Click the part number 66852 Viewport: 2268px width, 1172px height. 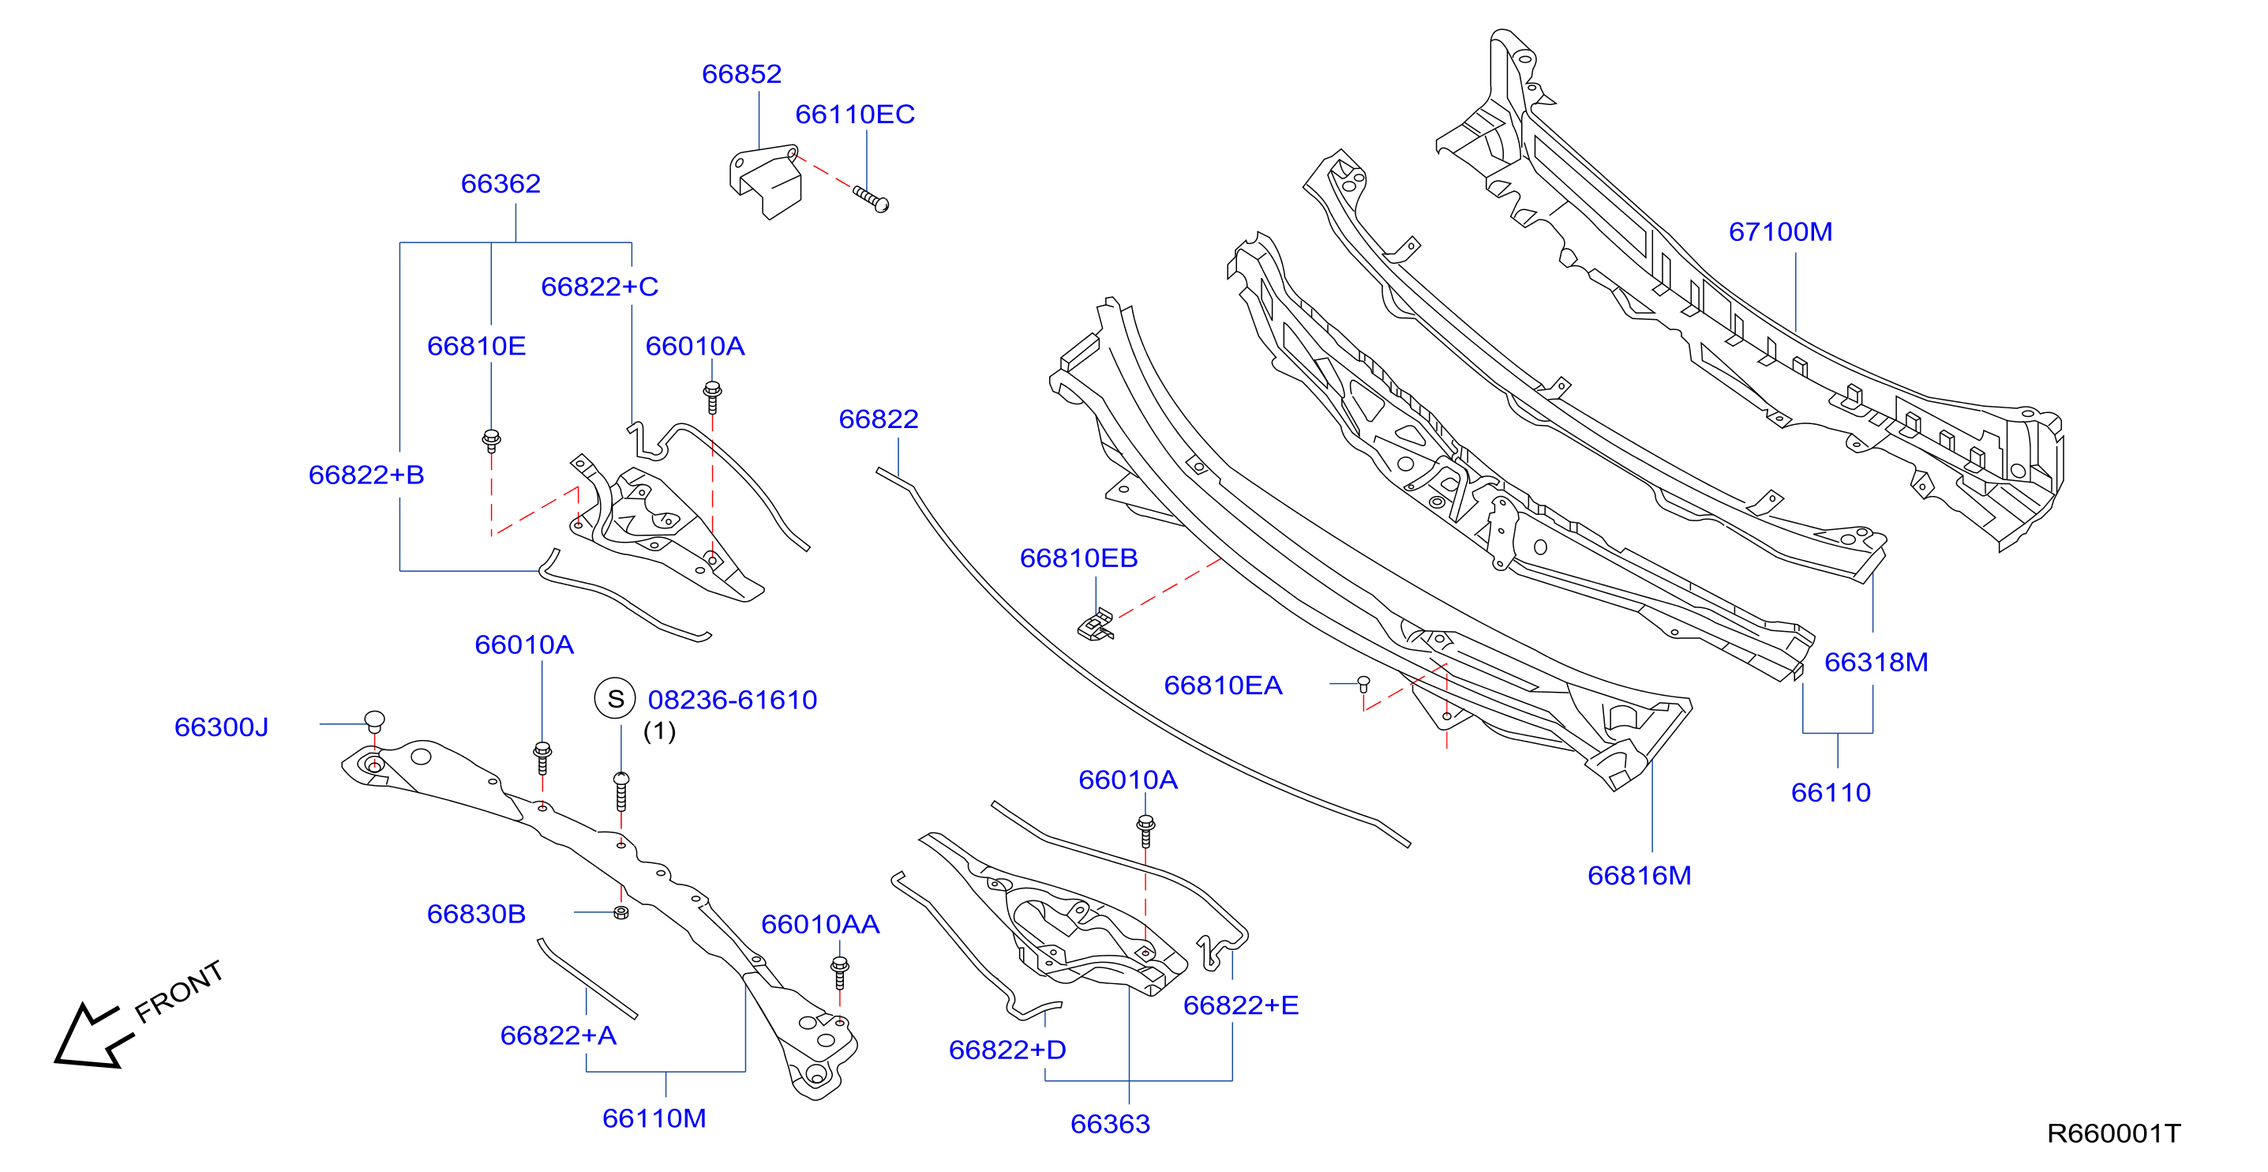click(x=741, y=74)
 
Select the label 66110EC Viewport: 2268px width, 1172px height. click(x=855, y=115)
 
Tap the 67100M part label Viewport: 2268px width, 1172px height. click(x=1780, y=231)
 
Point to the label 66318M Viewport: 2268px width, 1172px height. click(x=1876, y=662)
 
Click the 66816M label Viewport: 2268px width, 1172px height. click(x=1640, y=875)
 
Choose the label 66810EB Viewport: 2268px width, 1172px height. click(x=1078, y=558)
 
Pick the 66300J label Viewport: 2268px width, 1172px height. click(x=221, y=727)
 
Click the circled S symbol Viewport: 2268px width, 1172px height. click(x=616, y=699)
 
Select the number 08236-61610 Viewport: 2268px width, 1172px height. click(x=733, y=700)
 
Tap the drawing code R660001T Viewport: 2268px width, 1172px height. click(x=2114, y=1133)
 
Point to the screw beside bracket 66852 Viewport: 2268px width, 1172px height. click(x=871, y=199)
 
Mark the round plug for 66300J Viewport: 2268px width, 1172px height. click(x=374, y=721)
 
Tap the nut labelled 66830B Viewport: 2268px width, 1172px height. click(x=620, y=912)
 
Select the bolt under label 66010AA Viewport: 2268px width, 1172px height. click(x=840, y=973)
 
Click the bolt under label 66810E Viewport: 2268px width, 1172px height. click(x=491, y=441)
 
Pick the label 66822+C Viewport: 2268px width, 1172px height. click(x=600, y=287)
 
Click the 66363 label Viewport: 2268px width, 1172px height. click(x=1110, y=1125)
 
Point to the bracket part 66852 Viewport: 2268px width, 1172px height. click(x=765, y=182)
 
